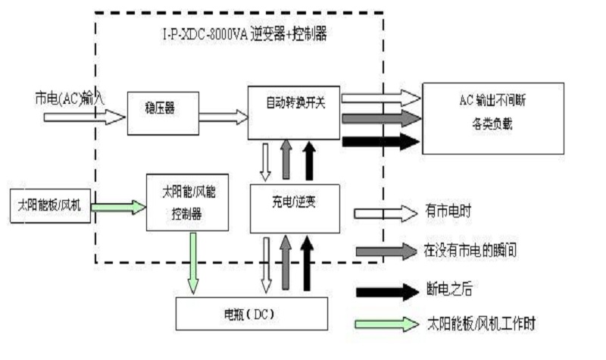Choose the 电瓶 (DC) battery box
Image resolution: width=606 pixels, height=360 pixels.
click(x=251, y=313)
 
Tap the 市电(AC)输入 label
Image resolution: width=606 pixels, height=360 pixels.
click(x=69, y=97)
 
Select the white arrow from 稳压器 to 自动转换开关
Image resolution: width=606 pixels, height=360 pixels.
click(x=223, y=117)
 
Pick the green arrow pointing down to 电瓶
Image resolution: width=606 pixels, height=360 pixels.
click(x=194, y=262)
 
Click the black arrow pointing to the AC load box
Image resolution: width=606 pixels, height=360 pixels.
click(x=381, y=141)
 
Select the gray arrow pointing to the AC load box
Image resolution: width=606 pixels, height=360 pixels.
click(x=381, y=119)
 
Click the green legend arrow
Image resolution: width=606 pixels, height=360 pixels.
click(x=386, y=324)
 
